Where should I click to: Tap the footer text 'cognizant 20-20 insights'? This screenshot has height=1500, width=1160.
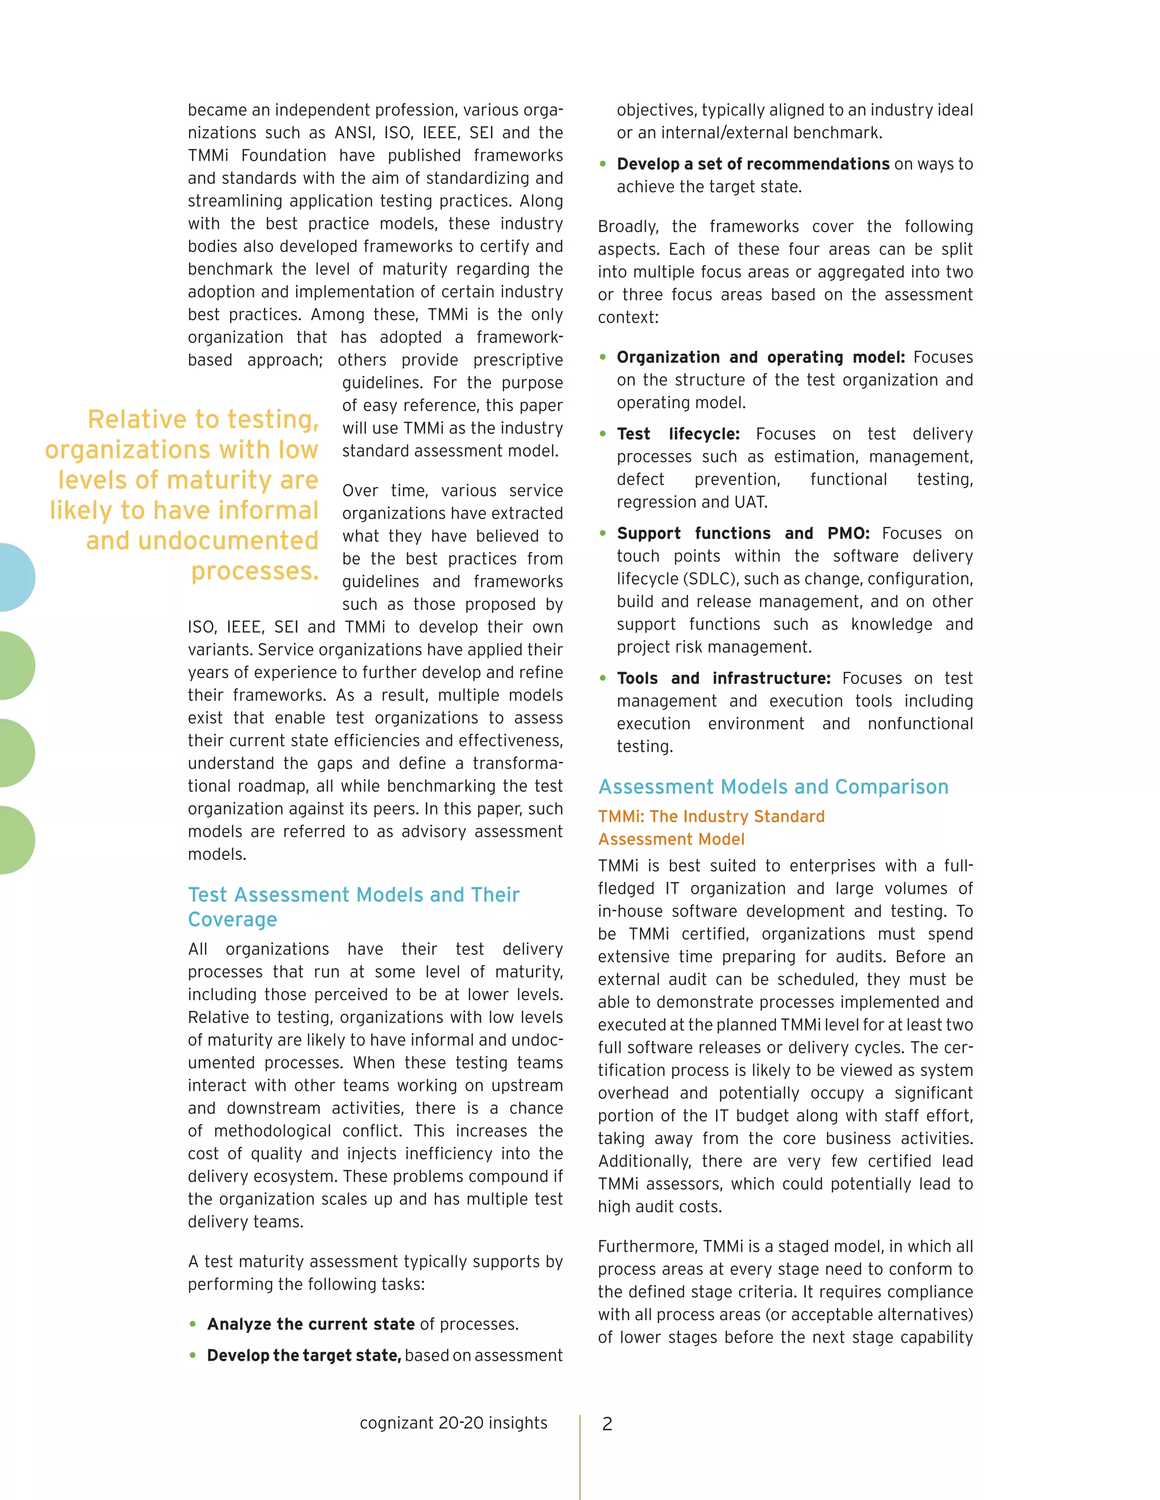point(454,1422)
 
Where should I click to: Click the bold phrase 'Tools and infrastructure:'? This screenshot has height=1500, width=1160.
point(724,679)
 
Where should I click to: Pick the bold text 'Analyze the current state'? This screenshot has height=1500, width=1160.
point(310,1323)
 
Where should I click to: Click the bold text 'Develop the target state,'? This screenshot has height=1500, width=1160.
point(304,1355)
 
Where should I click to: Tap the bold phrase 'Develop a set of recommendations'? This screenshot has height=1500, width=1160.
point(753,164)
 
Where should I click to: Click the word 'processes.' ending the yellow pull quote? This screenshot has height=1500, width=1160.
point(254,571)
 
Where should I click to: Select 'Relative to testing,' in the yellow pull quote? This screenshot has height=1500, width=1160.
point(203,419)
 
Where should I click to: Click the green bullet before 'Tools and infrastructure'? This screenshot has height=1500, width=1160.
point(603,679)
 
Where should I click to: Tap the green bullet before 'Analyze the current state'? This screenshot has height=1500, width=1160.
point(193,1323)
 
